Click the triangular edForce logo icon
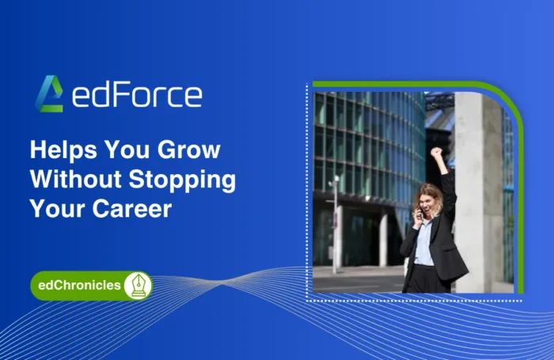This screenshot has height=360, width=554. (x=49, y=94)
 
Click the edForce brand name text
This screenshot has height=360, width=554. (x=137, y=95)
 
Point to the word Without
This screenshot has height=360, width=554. (x=74, y=180)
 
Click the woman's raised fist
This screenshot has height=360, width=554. (x=435, y=153)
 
